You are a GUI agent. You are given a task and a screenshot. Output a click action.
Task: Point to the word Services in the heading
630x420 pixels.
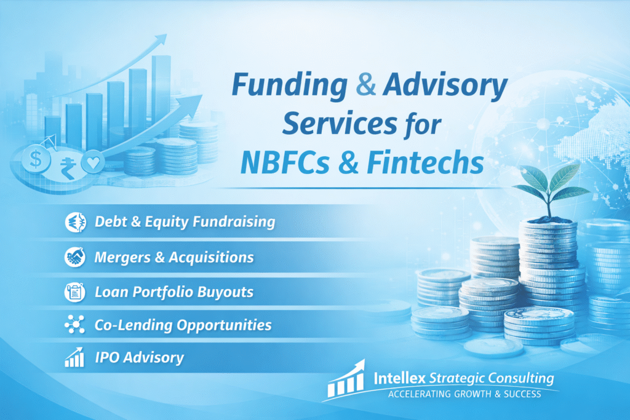(x=339, y=124)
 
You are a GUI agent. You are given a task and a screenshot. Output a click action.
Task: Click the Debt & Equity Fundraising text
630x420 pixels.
(x=185, y=222)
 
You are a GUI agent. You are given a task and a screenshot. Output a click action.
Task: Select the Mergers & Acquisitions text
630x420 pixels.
(x=173, y=258)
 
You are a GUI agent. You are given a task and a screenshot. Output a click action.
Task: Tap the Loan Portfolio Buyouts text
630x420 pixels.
(x=173, y=292)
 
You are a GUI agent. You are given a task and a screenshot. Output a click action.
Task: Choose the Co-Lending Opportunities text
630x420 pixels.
(x=183, y=325)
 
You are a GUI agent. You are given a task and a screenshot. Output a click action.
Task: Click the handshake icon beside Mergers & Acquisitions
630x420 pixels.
(x=74, y=258)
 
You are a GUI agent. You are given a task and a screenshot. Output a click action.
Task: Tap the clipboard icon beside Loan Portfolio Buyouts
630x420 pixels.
(x=74, y=292)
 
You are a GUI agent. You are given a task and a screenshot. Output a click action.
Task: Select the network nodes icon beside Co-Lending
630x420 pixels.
(x=74, y=325)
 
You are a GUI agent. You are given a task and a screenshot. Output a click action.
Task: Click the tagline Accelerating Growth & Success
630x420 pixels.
(x=464, y=394)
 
